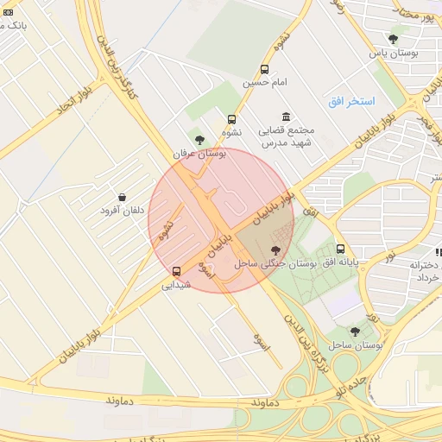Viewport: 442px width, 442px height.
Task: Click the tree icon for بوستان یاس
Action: coord(394,38)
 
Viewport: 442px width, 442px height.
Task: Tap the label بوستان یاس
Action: coord(394,54)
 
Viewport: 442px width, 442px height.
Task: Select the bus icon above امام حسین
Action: coord(264,70)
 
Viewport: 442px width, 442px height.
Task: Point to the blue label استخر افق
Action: coord(351,102)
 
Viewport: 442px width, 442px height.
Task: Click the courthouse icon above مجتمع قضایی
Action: coord(286,117)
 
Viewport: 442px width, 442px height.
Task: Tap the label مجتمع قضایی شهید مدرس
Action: coord(288,136)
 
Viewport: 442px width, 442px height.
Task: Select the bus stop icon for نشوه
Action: coord(231,120)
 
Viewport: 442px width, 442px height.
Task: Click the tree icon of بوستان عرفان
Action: coord(199,139)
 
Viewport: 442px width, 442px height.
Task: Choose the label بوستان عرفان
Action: coord(199,154)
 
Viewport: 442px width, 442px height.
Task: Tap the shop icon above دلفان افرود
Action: coord(122,198)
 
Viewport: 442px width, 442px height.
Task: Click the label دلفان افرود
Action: coord(121,212)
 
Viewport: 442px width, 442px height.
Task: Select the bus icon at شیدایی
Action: coord(177,270)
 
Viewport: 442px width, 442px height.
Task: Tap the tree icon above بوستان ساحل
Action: coord(355,331)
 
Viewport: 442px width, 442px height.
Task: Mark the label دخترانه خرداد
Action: coord(428,271)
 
